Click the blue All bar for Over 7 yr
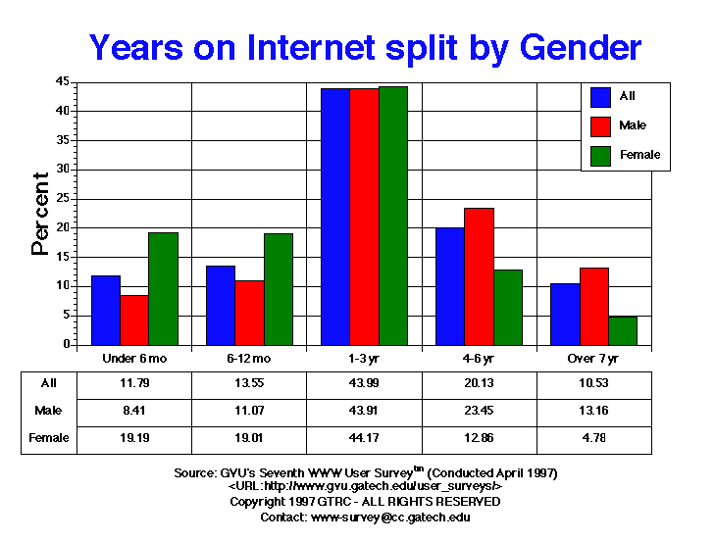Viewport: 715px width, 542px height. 565,314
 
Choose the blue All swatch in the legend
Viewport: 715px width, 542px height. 601,96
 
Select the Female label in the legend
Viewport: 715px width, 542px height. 639,155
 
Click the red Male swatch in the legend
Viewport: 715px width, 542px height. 601,125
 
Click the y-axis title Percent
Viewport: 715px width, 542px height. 40,214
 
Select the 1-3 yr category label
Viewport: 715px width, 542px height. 364,359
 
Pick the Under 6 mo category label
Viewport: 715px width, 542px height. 134,359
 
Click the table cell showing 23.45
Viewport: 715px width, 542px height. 479,411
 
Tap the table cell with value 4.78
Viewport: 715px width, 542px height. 594,438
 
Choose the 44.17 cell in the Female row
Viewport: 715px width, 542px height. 364,438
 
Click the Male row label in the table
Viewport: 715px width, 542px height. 48,411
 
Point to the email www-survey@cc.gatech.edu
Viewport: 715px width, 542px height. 390,517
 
